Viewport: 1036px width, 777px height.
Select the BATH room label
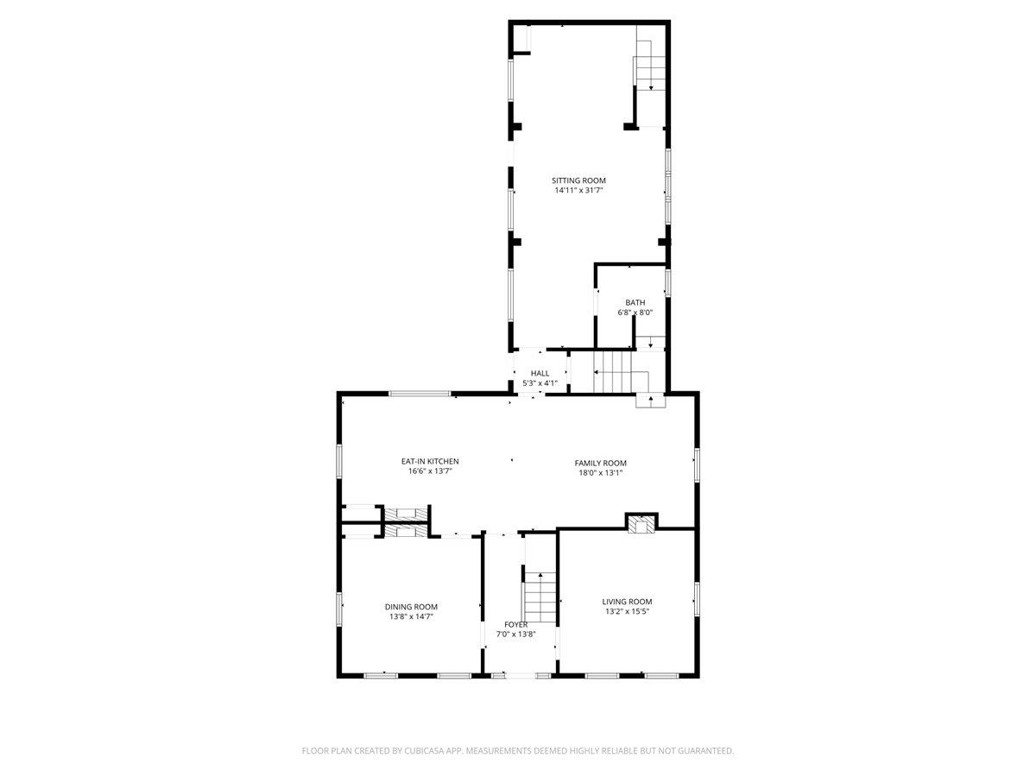pyautogui.click(x=635, y=302)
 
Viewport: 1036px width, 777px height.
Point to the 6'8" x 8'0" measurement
pyautogui.click(x=635, y=313)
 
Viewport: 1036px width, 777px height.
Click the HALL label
pyautogui.click(x=540, y=373)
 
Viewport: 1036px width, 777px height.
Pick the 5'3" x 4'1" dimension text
pyautogui.click(x=540, y=383)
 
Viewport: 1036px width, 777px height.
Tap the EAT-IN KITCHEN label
pyautogui.click(x=429, y=462)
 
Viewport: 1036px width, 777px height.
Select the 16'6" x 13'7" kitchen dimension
pyautogui.click(x=429, y=472)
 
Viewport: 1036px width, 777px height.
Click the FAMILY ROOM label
pyautogui.click(x=601, y=463)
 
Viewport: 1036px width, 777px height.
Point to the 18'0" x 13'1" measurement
pyautogui.click(x=601, y=473)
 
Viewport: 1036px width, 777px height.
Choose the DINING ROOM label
pyautogui.click(x=411, y=606)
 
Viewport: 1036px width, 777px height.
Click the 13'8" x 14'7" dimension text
pyautogui.click(x=411, y=616)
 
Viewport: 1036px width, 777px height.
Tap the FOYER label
pyautogui.click(x=516, y=624)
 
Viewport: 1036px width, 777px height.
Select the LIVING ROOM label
pyautogui.click(x=627, y=602)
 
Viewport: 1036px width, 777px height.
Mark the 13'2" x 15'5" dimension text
pyautogui.click(x=627, y=612)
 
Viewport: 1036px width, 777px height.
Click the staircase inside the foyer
pyautogui.click(x=540, y=596)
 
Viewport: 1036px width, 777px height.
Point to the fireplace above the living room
pyautogui.click(x=641, y=523)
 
